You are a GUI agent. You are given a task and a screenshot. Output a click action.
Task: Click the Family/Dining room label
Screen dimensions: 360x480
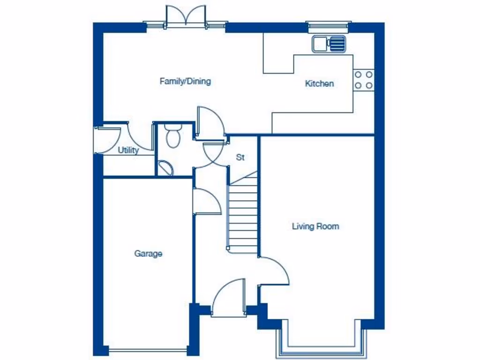(185, 82)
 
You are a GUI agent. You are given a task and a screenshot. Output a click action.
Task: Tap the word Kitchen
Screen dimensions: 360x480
(319, 84)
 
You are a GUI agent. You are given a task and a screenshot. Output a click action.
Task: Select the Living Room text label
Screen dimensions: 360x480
(315, 226)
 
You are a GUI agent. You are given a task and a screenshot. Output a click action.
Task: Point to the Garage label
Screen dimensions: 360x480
(148, 254)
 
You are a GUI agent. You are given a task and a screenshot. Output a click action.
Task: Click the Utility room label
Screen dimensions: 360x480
(128, 150)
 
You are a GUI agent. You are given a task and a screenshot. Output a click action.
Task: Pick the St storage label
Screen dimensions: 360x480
(240, 157)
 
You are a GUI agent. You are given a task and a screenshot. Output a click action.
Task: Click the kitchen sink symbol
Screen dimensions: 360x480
(329, 44)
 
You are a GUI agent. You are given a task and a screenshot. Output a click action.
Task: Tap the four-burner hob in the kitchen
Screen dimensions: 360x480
(363, 80)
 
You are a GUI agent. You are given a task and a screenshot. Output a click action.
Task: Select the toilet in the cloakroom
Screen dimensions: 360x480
(173, 136)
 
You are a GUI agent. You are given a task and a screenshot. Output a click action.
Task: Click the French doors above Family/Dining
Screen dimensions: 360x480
(186, 16)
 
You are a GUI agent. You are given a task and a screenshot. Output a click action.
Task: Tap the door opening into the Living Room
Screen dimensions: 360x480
(274, 271)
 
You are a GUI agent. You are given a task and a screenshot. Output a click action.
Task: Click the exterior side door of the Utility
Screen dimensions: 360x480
(106, 139)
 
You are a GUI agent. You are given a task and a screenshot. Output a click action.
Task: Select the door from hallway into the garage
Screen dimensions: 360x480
(206, 202)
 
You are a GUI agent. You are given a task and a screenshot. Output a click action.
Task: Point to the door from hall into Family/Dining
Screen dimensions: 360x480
(210, 123)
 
